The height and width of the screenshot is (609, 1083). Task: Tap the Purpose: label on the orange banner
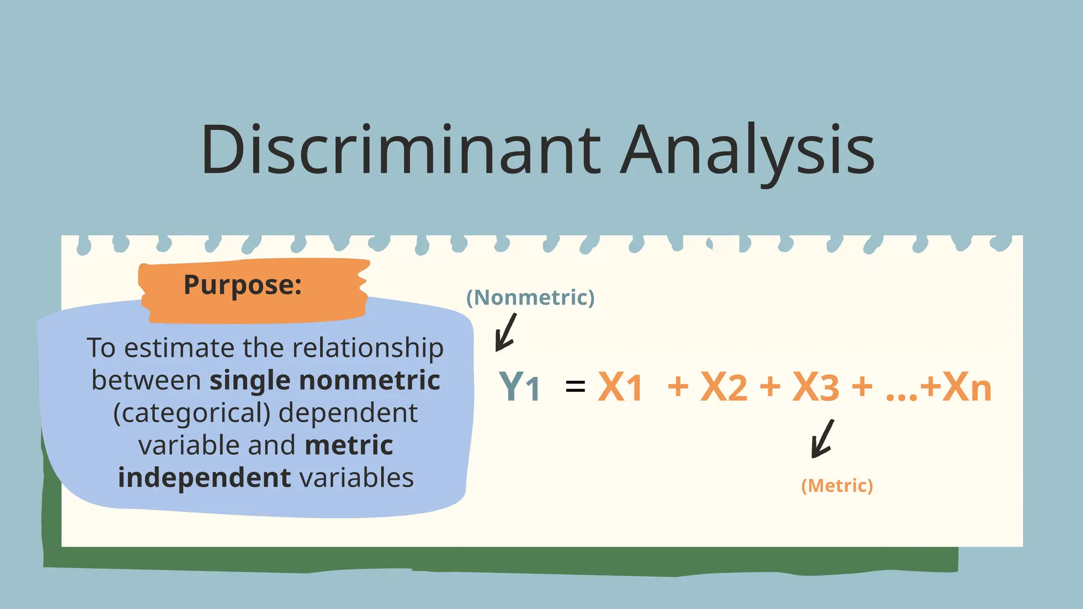[x=243, y=285]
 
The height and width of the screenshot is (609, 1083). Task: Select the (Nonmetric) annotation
[x=530, y=298]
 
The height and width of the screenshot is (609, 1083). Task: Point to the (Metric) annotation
[x=837, y=486]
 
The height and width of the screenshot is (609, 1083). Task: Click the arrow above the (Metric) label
[x=822, y=439]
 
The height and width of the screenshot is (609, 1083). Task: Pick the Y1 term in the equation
[x=520, y=387]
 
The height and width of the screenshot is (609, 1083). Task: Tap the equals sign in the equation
[x=575, y=386]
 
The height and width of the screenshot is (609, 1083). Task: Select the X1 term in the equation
[x=620, y=387]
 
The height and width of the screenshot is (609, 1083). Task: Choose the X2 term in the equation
[x=723, y=387]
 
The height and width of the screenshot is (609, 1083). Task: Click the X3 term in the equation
[x=815, y=387]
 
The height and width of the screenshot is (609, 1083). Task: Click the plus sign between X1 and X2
[x=678, y=386]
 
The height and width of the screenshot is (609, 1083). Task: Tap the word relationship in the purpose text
[x=368, y=349]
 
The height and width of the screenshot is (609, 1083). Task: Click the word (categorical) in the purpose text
[x=192, y=413]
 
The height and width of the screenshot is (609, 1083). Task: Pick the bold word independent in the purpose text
[x=205, y=478]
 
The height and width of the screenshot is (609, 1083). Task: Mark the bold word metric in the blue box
[x=349, y=446]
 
